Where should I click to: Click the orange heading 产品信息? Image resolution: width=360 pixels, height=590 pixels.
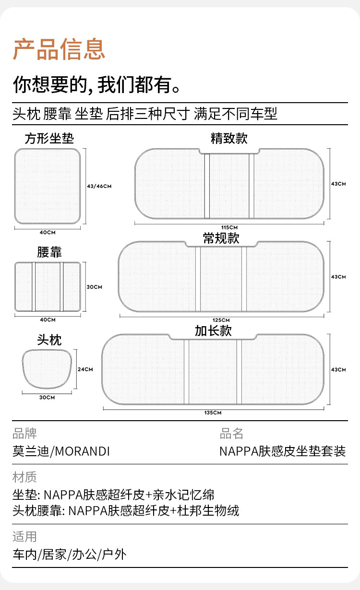pos(59,49)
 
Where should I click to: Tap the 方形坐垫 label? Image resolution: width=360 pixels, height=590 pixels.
pos(49,139)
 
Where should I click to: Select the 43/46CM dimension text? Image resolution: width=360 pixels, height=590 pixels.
pos(99,186)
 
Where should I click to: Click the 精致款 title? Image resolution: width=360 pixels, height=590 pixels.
pos(229,139)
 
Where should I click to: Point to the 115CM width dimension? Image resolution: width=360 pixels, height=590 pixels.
pos(229,227)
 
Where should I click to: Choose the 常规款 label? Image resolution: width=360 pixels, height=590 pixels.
pos(221,238)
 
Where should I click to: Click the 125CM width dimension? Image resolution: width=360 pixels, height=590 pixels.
pos(221,320)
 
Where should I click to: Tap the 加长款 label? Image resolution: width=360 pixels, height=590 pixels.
pos(213,330)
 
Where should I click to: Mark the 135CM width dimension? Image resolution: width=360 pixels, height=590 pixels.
pos(213,413)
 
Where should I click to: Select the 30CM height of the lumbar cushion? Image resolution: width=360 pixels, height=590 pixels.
pos(95,287)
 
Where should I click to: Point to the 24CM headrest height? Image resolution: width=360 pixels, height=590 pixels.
pos(85,369)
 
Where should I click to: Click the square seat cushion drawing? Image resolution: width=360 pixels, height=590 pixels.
pos(47,186)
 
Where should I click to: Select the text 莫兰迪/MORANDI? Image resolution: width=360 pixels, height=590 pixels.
pos(61,451)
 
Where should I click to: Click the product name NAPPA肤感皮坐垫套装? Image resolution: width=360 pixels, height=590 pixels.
pos(282,451)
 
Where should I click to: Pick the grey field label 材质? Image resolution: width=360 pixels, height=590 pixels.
pos(24,477)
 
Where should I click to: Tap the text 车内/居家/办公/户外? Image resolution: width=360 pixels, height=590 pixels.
pos(70,555)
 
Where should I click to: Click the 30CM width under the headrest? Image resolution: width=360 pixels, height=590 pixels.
pos(47,397)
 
